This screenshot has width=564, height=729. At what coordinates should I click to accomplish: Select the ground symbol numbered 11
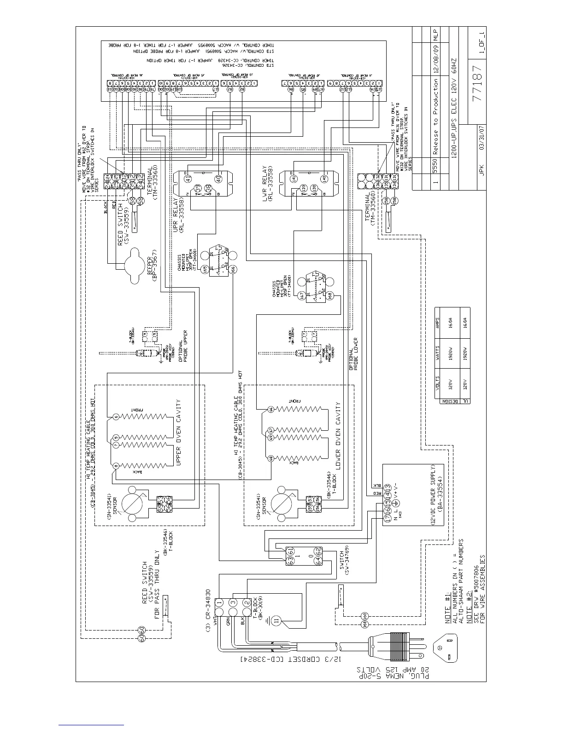276,620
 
